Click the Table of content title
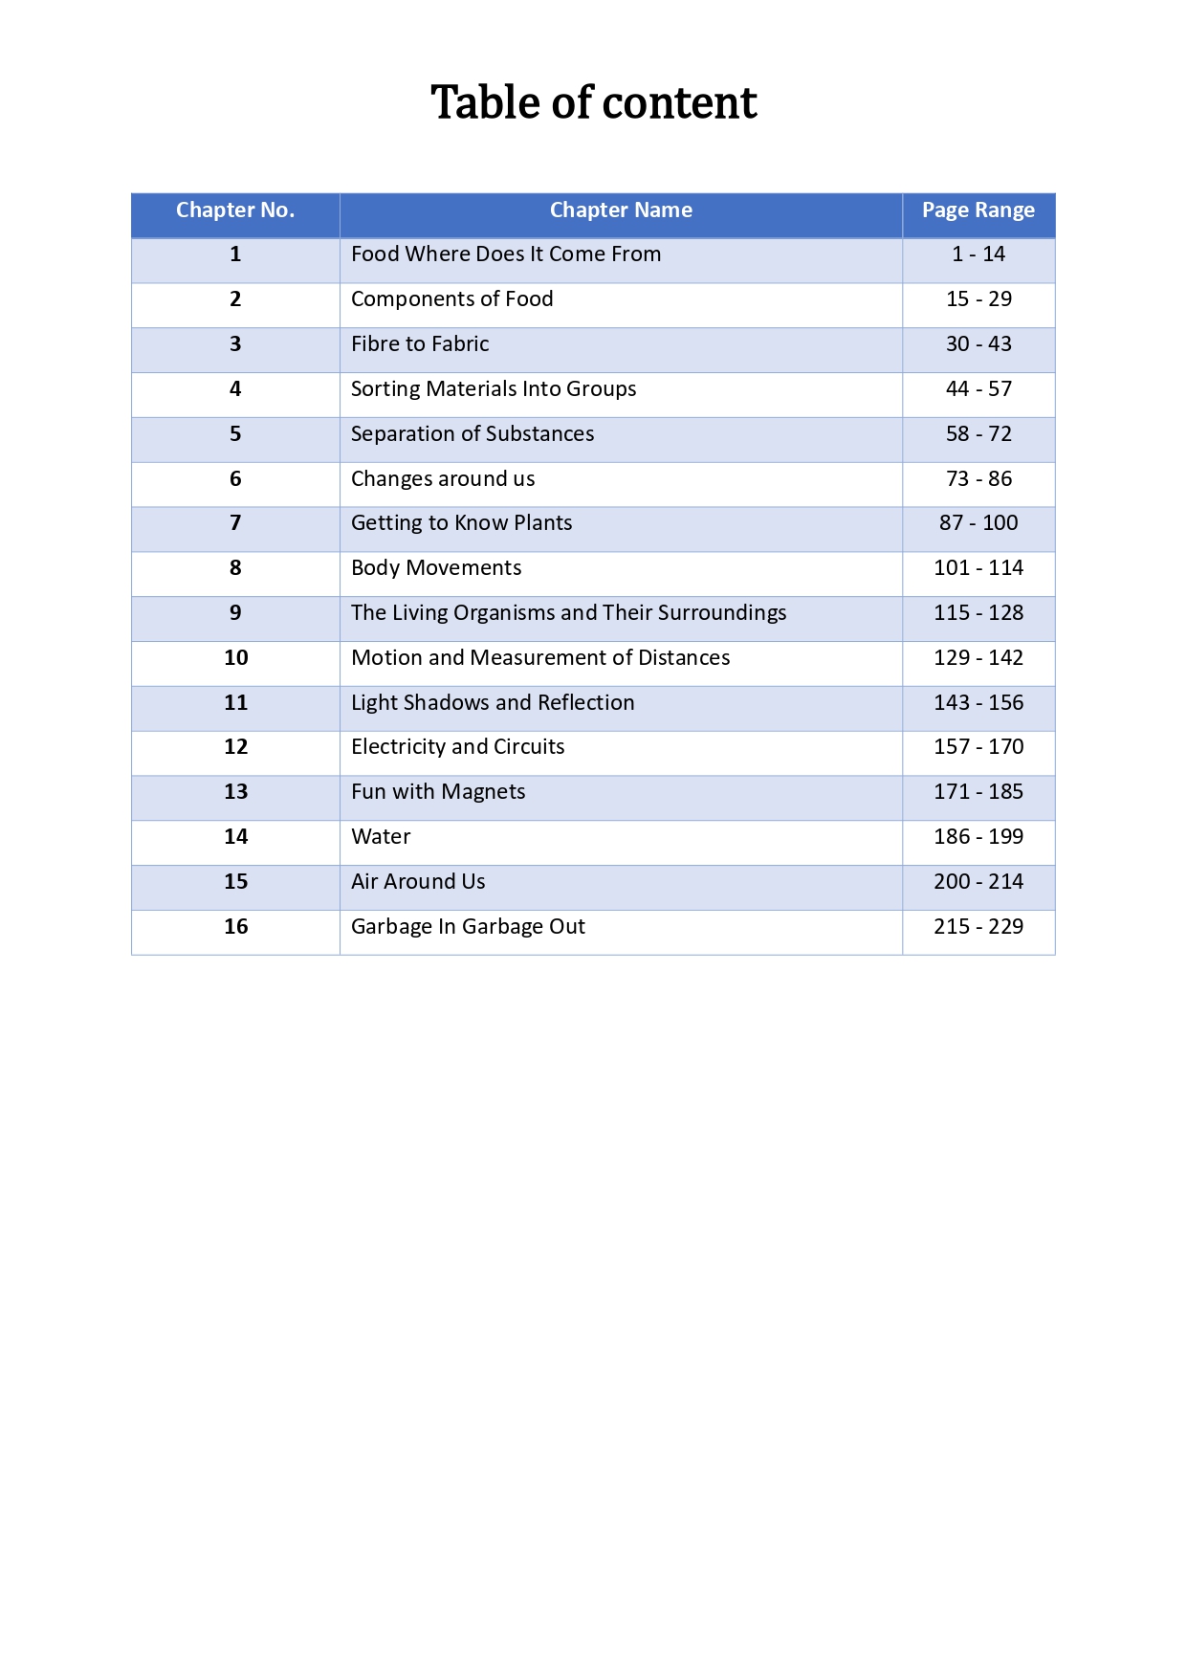[x=593, y=102]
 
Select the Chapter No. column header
[x=235, y=210]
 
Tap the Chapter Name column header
[x=621, y=210]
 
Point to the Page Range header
[x=978, y=210]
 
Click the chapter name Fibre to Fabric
[x=420, y=344]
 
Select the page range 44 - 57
[x=978, y=389]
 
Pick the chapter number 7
[x=235, y=523]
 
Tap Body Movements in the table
[x=436, y=568]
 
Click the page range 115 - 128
[x=978, y=613]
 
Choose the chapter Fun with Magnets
[x=438, y=792]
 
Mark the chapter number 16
[x=235, y=927]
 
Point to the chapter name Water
[x=381, y=837]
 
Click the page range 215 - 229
[x=978, y=927]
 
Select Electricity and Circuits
[x=457, y=747]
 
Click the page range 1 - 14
[x=978, y=254]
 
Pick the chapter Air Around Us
[x=418, y=882]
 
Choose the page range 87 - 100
[x=978, y=523]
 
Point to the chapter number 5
[x=235, y=434]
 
